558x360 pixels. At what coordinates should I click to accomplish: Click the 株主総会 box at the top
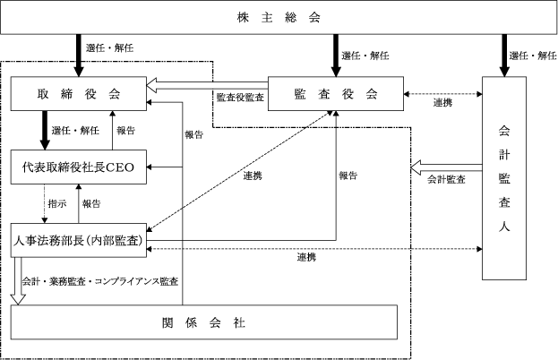(x=279, y=18)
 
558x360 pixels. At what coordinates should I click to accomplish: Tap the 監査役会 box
(x=336, y=94)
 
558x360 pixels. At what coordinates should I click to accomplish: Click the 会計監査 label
(x=445, y=179)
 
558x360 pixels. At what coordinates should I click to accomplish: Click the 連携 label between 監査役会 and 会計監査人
(x=442, y=104)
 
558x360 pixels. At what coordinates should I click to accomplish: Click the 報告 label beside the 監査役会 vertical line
(x=348, y=176)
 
